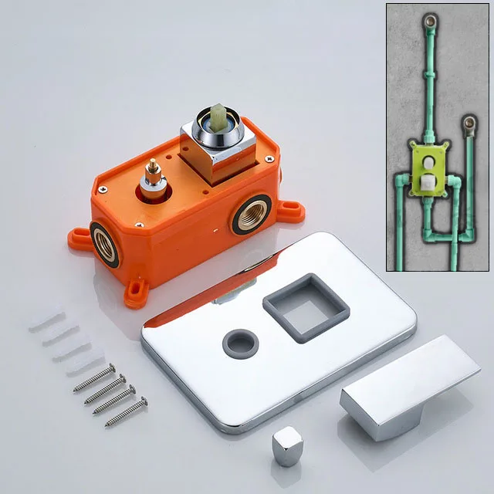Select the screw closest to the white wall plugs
(93, 377)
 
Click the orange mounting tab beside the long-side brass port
(289, 210)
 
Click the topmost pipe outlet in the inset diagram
(428, 22)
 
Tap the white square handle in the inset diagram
(428, 183)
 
